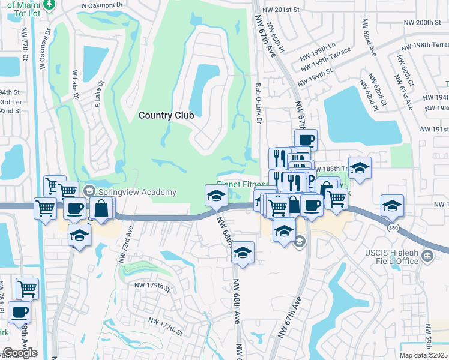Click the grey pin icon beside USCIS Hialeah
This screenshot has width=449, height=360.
(x=427, y=257)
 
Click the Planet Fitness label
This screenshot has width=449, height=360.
(x=243, y=185)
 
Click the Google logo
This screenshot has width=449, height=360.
(x=20, y=353)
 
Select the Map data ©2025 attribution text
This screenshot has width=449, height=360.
(x=424, y=355)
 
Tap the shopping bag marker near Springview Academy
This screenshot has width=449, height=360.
(x=103, y=208)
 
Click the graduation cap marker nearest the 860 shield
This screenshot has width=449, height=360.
(x=392, y=205)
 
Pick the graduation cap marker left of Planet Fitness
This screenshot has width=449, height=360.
(x=216, y=195)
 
